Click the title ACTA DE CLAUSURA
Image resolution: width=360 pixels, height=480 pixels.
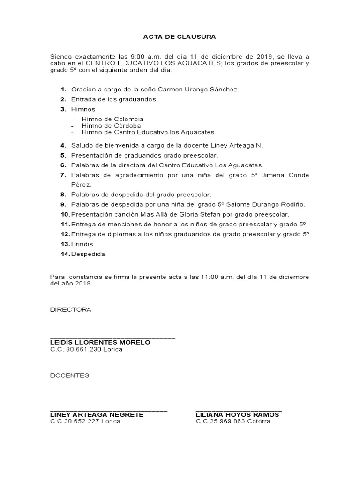pos(180,36)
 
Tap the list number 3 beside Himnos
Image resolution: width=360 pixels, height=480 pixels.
pos(63,109)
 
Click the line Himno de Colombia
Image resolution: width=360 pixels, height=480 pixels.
pos(112,119)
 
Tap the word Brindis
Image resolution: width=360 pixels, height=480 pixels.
pos(82,244)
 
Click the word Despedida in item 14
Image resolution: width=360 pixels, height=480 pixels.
pos(89,255)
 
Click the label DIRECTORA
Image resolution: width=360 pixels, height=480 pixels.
pos(71,310)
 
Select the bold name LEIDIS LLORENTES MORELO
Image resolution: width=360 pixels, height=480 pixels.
pos(100,342)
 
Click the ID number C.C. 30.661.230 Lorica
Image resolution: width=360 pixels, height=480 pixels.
pos(86,350)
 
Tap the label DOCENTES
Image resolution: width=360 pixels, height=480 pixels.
pos(69,375)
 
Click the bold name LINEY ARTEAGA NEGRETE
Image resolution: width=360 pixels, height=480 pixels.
pos(97,414)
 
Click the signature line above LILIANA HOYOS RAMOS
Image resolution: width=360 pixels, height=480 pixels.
pos(239,410)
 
